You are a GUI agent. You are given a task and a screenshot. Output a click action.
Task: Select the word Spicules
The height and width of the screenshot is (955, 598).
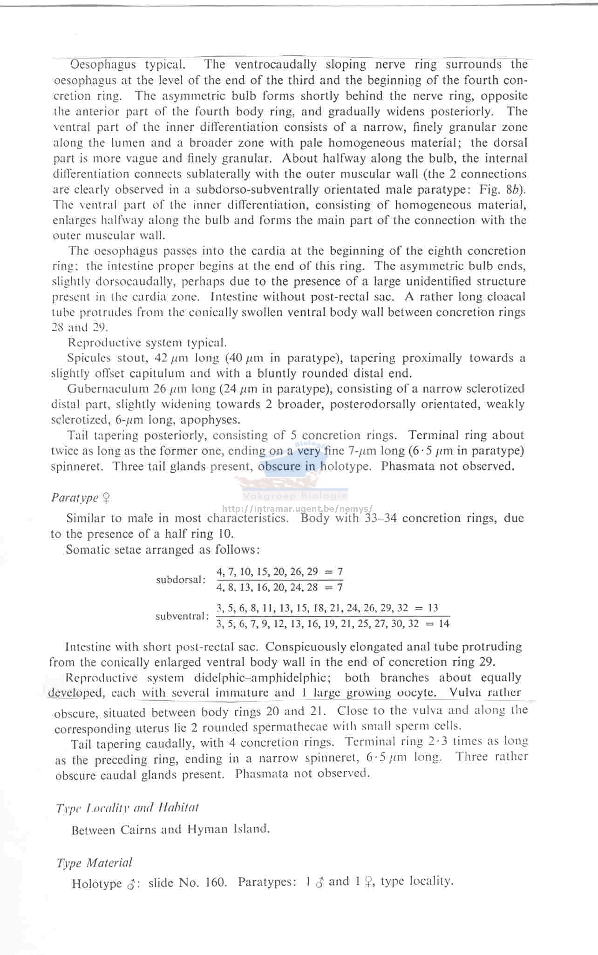tap(89, 358)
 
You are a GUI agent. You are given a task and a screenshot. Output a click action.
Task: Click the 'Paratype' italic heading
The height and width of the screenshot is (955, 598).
tap(75, 498)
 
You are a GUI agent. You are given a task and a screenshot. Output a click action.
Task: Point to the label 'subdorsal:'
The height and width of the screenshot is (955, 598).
tap(181, 580)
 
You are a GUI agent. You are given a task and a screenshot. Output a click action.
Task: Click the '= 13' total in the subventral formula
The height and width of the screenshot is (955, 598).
tap(426, 608)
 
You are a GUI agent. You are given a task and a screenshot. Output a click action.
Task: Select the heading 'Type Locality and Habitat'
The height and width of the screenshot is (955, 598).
tap(127, 807)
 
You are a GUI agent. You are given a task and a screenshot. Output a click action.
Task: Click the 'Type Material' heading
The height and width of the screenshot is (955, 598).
tap(94, 863)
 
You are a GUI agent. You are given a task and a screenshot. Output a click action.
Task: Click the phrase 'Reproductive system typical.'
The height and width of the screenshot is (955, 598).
tap(147, 343)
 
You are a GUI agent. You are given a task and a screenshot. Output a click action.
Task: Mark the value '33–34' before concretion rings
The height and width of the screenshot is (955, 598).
tap(381, 518)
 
